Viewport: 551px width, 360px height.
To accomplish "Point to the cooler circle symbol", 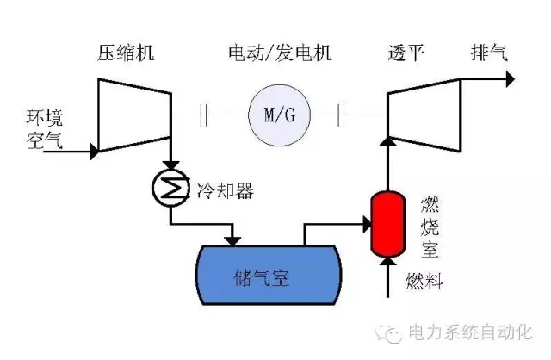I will click(171, 186).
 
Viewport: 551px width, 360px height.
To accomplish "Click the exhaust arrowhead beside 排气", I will click(510, 79).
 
